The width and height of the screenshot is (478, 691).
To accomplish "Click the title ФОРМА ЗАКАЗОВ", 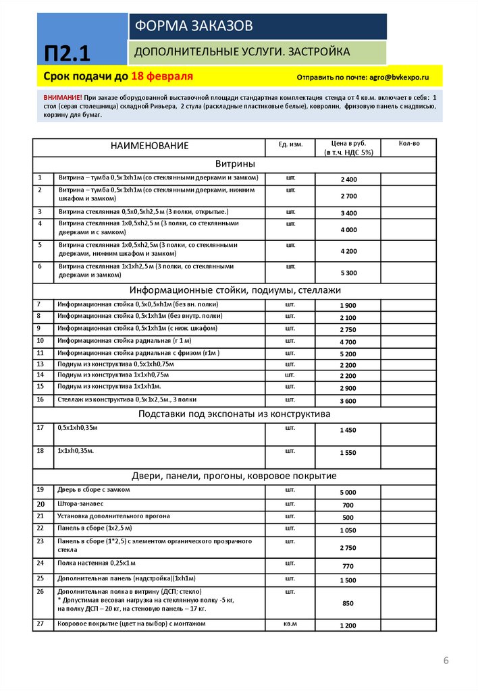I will (194, 26).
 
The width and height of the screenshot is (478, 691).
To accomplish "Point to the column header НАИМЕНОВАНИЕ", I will (151, 146).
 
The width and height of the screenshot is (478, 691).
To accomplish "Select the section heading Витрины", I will (235, 164).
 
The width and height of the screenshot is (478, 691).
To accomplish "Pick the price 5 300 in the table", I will (348, 273).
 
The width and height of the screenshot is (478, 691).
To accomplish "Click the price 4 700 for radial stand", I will (348, 342).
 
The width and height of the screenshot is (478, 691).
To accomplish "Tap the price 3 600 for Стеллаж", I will (348, 401).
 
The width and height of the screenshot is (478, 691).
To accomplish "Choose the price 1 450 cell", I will (348, 430).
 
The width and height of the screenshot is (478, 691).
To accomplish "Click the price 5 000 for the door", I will (348, 493).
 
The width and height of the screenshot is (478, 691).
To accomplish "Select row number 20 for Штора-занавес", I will (41, 504).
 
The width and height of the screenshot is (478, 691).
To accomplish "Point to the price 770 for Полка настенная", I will (348, 566).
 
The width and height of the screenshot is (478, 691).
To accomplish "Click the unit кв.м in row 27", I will (291, 624).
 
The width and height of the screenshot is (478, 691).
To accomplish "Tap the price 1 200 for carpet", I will (348, 626).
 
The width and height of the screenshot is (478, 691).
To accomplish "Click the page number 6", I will (446, 660).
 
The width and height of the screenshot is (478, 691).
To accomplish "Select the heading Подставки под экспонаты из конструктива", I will (235, 414).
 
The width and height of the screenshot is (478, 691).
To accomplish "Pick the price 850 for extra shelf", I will (348, 603).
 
